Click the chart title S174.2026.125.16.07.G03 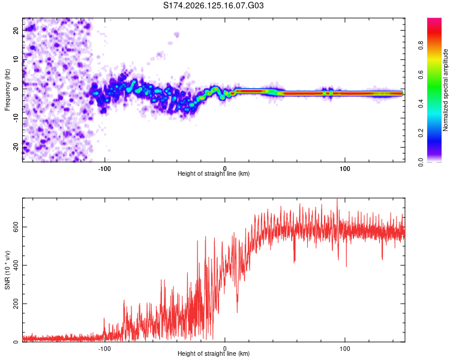[213, 5]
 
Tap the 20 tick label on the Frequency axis [16, 30]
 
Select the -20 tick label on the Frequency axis [16, 147]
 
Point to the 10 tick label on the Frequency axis [16, 59]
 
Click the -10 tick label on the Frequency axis [16, 118]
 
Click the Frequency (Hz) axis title [7, 90]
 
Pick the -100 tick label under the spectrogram [104, 169]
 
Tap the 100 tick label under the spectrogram [344, 169]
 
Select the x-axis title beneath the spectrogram [214, 173]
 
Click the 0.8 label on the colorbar [421, 45]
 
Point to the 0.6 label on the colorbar [421, 74]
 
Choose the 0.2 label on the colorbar [421, 133]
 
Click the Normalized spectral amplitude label [445, 90]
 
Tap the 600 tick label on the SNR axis [16, 227]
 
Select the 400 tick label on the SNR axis [16, 265]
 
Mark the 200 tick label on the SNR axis [16, 304]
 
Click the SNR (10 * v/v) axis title [7, 270]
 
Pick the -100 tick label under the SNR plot [104, 349]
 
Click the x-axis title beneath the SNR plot [214, 353]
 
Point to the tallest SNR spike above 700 [337, 199]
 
